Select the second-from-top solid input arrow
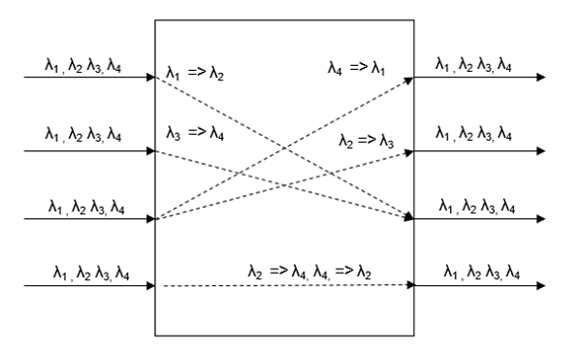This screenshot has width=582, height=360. (x=78, y=151)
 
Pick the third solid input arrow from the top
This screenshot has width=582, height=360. (x=78, y=220)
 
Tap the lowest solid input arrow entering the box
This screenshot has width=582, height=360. (x=78, y=286)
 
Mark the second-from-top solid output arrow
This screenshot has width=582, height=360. (x=485, y=151)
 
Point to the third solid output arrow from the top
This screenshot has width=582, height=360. (x=485, y=220)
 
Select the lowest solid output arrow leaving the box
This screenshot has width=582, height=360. (x=485, y=286)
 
